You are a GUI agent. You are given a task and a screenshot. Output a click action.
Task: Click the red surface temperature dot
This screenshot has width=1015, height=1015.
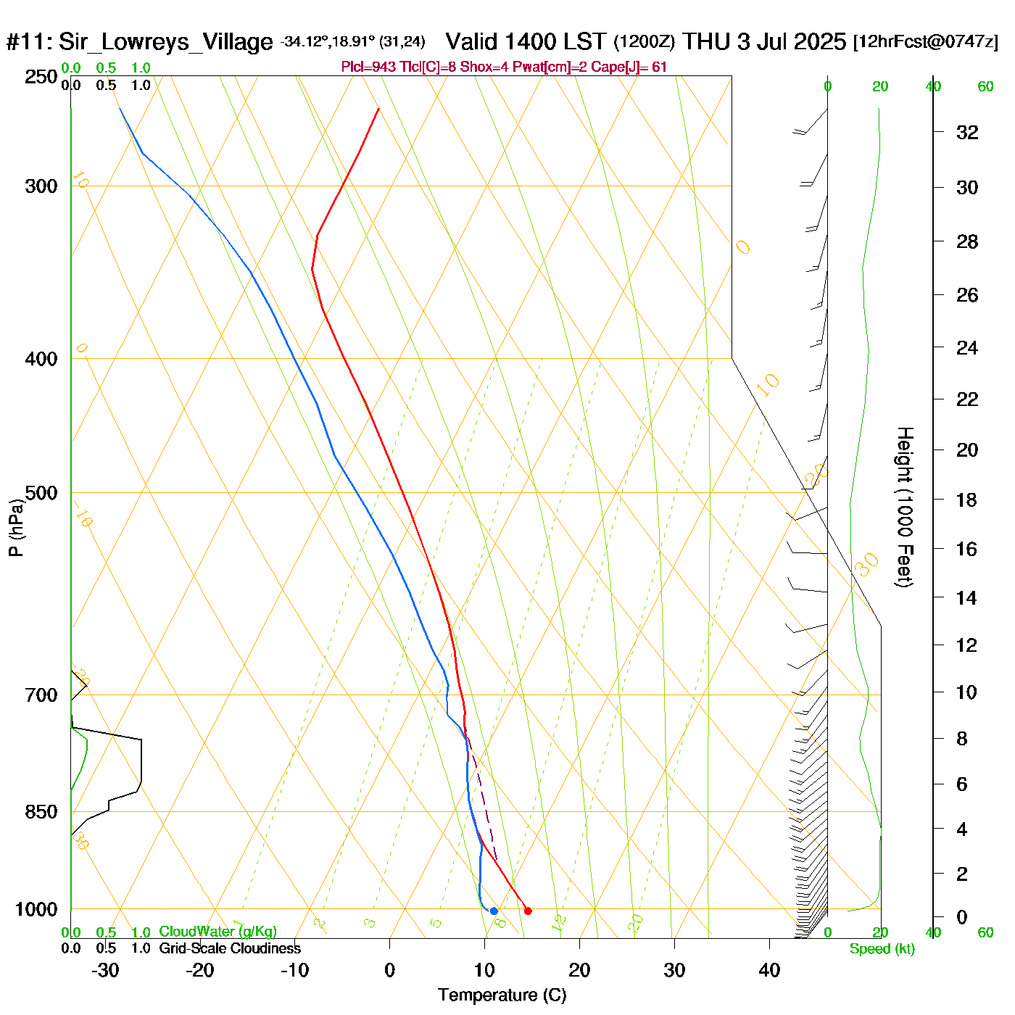[528, 911]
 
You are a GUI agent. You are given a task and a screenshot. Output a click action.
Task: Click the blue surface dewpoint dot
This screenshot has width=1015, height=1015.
[494, 911]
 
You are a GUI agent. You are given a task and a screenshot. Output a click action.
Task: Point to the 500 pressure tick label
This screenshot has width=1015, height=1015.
[41, 493]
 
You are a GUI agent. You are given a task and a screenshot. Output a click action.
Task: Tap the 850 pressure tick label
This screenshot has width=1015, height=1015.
[41, 812]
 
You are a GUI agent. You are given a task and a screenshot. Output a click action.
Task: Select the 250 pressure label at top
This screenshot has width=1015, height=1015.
[41, 77]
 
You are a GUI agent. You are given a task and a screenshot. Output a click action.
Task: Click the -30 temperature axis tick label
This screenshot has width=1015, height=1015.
[105, 970]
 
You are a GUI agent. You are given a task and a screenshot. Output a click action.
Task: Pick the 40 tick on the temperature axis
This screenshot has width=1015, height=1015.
[769, 970]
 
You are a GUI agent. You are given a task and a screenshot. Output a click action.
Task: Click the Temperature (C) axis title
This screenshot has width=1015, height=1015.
[502, 995]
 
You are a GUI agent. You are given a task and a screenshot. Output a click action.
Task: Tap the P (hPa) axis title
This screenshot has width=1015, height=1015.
[16, 527]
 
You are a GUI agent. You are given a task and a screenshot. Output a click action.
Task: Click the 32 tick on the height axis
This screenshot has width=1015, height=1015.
[967, 132]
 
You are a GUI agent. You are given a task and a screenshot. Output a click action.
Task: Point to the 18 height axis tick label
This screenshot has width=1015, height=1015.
[967, 500]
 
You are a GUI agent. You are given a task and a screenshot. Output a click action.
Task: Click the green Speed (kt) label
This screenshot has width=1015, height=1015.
[882, 949]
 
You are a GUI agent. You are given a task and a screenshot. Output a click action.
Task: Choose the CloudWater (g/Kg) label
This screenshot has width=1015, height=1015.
[217, 932]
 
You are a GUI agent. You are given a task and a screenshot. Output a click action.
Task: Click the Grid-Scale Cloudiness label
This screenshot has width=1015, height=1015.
[230, 948]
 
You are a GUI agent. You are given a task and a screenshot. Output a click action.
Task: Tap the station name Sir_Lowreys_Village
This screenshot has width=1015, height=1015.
[165, 42]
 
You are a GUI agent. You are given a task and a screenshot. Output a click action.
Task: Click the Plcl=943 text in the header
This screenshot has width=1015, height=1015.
[368, 67]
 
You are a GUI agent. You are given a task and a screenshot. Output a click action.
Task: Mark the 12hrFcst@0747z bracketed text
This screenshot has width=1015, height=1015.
[926, 42]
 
